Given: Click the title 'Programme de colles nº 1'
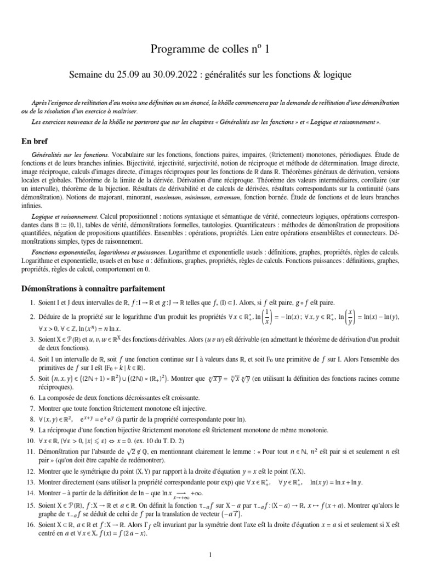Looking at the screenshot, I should (x=210, y=50).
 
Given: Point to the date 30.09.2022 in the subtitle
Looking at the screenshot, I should (x=165, y=73).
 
